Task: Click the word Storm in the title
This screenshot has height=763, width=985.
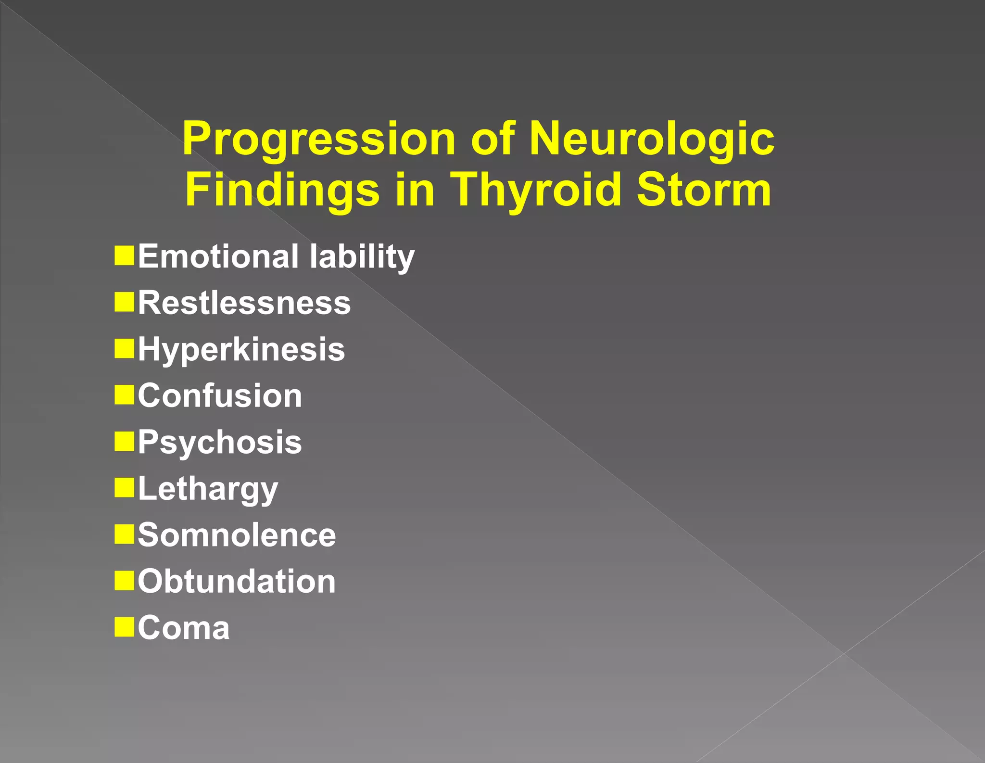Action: (704, 190)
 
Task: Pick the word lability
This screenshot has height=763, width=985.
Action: (362, 256)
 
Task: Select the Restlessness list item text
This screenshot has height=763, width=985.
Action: (244, 303)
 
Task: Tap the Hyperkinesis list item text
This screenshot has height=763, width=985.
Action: (241, 349)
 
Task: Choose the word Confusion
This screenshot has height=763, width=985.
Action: (220, 395)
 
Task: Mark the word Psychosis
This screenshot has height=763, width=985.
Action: (220, 442)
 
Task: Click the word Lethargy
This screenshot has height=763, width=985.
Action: (208, 489)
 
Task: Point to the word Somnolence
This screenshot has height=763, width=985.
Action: (237, 535)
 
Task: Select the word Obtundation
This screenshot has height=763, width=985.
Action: (237, 581)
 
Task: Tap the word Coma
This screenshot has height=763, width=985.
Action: (184, 628)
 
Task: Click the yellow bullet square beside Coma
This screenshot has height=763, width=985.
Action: (124, 627)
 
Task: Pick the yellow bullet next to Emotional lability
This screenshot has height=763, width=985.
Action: (124, 255)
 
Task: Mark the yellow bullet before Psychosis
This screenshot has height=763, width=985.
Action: (124, 441)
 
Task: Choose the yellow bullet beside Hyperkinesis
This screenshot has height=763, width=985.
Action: (124, 348)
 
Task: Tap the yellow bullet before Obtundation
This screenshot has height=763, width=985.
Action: (124, 580)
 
